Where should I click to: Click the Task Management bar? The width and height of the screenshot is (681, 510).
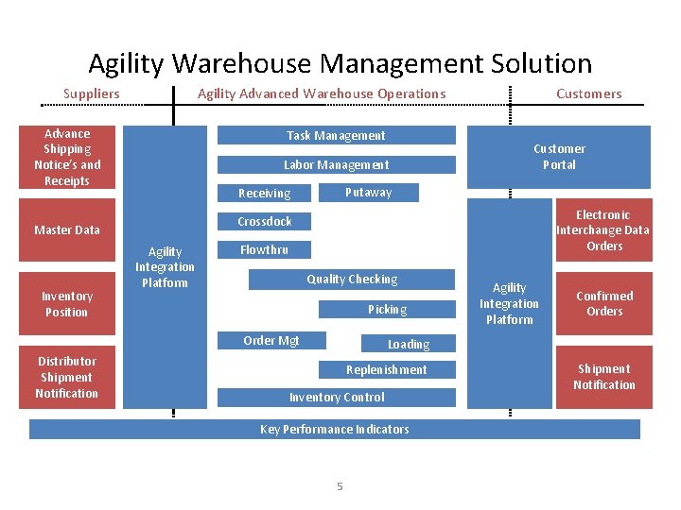pos(336,135)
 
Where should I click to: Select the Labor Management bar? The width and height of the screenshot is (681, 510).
pos(336,164)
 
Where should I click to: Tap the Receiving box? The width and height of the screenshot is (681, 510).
pos(265,193)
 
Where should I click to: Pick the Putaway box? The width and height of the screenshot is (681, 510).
pos(368,192)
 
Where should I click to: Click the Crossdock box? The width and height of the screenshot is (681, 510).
pos(265,221)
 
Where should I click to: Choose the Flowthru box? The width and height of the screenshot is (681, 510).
pos(264,250)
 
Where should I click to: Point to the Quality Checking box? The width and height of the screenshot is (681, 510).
pos(352,280)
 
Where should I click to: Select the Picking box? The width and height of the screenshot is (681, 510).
pos(387,309)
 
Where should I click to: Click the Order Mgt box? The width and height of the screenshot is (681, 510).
pos(271,340)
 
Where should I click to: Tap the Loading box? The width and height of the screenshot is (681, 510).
pos(409,344)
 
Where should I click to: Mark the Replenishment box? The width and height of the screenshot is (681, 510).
pos(386,369)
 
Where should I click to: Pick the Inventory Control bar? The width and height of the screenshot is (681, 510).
pos(336,398)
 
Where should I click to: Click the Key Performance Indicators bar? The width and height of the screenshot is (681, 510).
pos(334,429)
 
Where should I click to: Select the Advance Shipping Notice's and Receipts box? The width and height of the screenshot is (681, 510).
pos(67,157)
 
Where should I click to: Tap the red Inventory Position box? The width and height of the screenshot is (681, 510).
pos(67,303)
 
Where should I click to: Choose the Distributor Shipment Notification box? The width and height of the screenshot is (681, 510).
pos(67,377)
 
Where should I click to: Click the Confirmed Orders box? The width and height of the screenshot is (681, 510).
pos(603,303)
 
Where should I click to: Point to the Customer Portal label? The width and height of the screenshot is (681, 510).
pos(559,156)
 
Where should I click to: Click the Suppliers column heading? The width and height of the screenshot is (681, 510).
pos(92,93)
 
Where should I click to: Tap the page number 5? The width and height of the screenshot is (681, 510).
pos(340,485)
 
